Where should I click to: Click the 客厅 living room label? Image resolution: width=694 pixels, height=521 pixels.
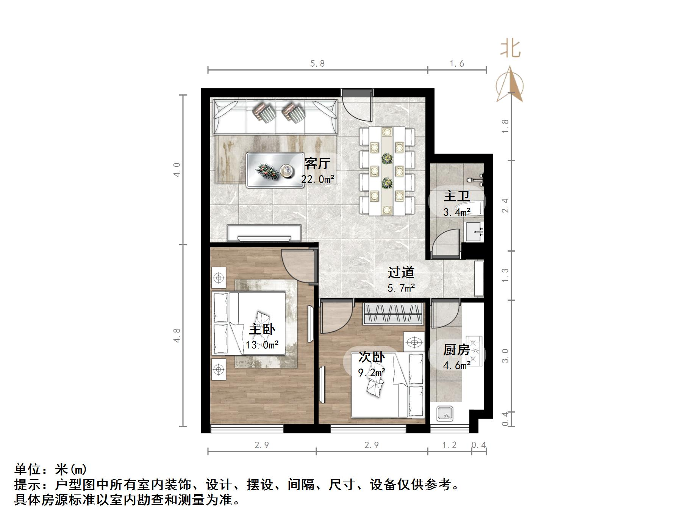(x=317, y=163)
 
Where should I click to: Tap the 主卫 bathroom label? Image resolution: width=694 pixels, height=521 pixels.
(x=456, y=196)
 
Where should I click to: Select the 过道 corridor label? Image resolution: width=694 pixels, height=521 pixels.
(x=401, y=272)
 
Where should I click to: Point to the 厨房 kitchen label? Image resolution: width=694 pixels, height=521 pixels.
(x=456, y=349)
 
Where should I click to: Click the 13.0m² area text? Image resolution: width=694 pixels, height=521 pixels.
(x=262, y=345)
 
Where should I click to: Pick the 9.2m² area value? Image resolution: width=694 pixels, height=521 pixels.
(x=372, y=373)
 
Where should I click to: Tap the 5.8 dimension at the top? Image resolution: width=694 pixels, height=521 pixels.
(x=317, y=64)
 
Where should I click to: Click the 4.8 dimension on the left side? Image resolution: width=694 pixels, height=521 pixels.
(x=177, y=336)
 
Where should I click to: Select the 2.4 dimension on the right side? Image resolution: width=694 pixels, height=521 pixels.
(x=505, y=205)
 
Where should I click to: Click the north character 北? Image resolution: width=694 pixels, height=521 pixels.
(x=510, y=49)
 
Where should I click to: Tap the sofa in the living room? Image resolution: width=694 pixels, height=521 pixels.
(x=275, y=117)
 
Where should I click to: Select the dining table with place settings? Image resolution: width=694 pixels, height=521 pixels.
(x=387, y=171)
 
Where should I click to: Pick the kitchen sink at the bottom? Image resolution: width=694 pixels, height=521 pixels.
(x=445, y=414)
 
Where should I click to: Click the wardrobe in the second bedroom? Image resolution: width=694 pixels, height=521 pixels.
(x=393, y=314)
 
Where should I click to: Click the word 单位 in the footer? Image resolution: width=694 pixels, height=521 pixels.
(x=28, y=469)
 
